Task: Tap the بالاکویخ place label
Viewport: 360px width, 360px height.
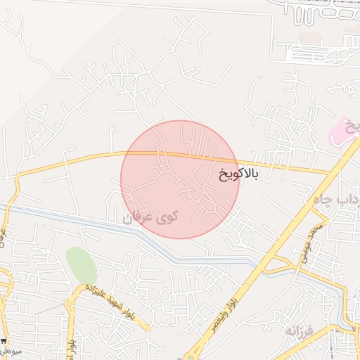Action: (238, 174)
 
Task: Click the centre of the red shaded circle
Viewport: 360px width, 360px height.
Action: (180, 179)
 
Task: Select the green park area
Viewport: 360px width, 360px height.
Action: (82, 265)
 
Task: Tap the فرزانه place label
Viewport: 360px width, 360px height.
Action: (300, 330)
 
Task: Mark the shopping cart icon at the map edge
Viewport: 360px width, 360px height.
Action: (4, 341)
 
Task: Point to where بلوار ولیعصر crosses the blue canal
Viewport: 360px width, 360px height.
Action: (262, 262)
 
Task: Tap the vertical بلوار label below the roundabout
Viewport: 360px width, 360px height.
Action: (72, 338)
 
